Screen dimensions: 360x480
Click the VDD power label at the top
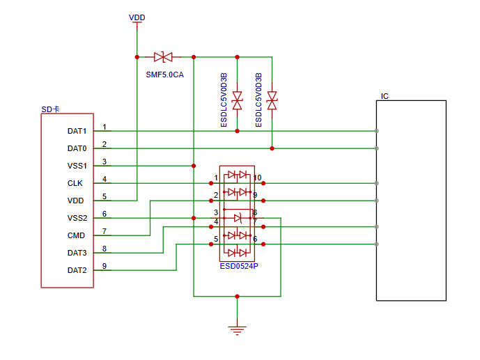[x=137, y=17]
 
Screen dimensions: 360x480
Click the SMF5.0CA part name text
[x=164, y=74]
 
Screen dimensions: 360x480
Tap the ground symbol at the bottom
[x=238, y=329]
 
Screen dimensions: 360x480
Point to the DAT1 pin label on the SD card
[x=77, y=131]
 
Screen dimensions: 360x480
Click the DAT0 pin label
[x=77, y=148]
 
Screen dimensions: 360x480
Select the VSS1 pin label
[x=77, y=166]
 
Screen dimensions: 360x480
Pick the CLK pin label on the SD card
[x=75, y=183]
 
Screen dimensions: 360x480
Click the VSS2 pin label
[x=77, y=218]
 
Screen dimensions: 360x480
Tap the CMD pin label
[x=76, y=235]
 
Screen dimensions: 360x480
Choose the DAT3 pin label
[x=77, y=253]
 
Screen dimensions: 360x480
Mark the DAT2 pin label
[x=77, y=270]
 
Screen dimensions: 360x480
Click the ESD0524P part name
[x=239, y=265]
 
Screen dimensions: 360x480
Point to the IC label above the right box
[x=385, y=96]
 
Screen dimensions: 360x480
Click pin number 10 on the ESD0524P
[x=257, y=178]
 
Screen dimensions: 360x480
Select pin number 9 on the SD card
[x=104, y=266]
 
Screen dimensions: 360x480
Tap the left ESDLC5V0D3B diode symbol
[x=237, y=100]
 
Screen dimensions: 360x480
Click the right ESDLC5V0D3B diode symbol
[x=272, y=100]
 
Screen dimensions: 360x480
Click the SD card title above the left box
[x=50, y=109]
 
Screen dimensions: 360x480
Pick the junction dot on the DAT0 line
[x=272, y=148]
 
